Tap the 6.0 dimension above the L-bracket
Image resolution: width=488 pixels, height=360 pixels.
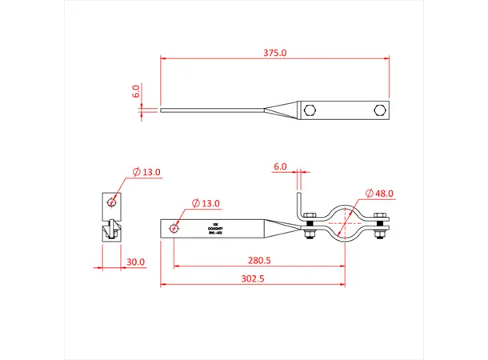pos(280,166)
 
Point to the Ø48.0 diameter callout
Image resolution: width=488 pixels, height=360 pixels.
pos(379,194)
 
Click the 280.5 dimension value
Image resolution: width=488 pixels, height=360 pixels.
pos(258,260)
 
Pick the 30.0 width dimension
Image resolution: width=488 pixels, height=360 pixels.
pos(136,262)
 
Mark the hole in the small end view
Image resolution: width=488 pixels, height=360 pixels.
pos(112,201)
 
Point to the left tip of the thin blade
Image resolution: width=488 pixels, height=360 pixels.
pos(162,110)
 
